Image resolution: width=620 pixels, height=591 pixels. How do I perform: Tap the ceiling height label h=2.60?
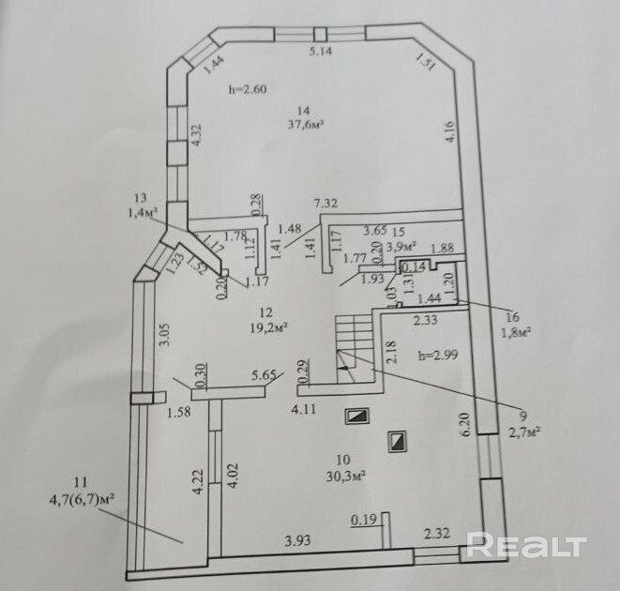[249, 90]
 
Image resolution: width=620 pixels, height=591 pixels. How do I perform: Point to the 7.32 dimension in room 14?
[325, 204]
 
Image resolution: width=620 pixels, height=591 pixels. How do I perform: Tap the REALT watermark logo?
[526, 546]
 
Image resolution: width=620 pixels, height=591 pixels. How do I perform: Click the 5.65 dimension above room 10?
[263, 376]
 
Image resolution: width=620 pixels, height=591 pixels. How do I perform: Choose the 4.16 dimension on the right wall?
[450, 133]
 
